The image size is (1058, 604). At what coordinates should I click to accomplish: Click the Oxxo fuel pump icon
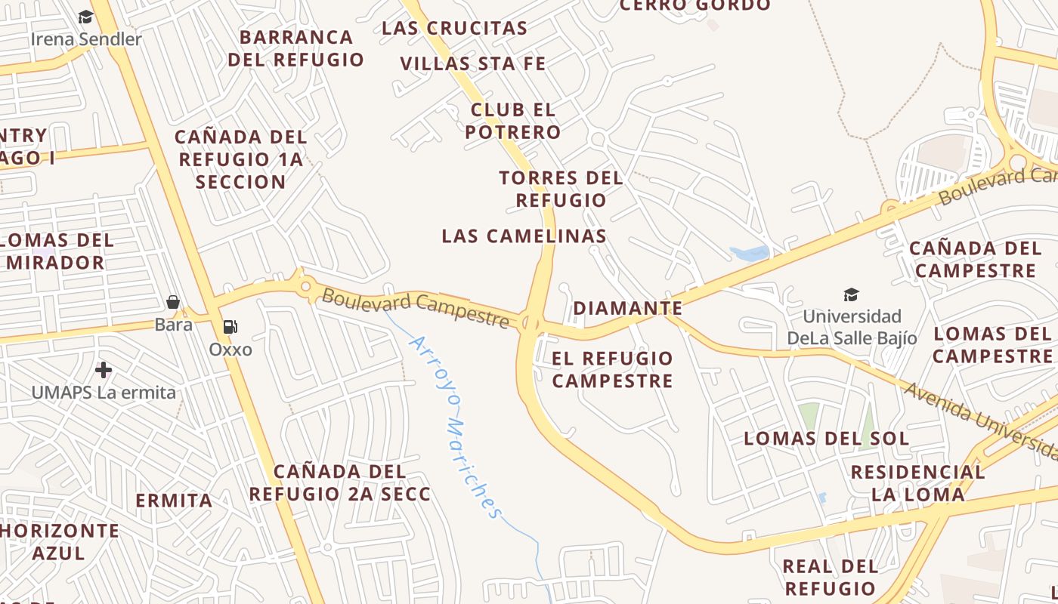230,327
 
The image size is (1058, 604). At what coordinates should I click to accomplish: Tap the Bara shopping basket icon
173,303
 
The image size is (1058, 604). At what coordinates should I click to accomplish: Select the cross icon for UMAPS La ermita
104,370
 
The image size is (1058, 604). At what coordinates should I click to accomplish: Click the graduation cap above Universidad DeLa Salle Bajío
851,294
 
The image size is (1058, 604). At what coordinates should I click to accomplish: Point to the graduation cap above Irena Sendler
85,17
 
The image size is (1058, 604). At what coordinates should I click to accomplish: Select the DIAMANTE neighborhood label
627,308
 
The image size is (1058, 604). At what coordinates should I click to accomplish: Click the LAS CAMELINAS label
524,236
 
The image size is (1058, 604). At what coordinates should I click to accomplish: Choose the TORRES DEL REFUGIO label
561,189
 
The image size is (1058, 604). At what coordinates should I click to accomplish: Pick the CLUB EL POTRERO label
513,121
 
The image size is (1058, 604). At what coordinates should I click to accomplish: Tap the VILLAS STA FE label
472,63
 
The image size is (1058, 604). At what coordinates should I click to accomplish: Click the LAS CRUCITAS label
454,28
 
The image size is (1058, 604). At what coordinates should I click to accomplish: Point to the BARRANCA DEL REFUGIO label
296,48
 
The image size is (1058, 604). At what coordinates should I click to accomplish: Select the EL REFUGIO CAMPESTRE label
612,369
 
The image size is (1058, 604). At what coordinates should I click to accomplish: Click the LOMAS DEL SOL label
826,438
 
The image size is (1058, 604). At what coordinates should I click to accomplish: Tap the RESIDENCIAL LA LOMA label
917,483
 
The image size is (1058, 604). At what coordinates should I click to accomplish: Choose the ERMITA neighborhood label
174,501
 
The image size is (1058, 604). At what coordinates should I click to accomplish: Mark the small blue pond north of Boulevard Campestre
749,253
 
